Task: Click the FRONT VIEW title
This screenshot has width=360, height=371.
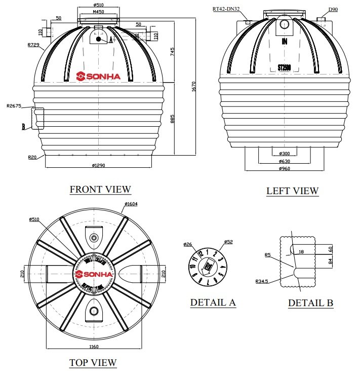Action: coord(100,190)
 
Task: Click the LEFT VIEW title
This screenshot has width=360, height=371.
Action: coord(292,191)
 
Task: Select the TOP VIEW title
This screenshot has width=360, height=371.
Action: coord(93,363)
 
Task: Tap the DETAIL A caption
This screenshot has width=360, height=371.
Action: coord(213,303)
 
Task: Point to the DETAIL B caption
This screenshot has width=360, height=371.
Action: coord(310,303)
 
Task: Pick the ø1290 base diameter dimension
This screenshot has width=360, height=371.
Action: coord(101,165)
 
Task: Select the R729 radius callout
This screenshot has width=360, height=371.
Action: coord(34,45)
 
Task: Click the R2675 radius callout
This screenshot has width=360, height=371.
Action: coord(14,106)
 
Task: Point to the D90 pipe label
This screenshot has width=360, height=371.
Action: coord(333,9)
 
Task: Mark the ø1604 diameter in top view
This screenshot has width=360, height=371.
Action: coord(131,204)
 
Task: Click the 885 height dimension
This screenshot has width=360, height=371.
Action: coord(173,118)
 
